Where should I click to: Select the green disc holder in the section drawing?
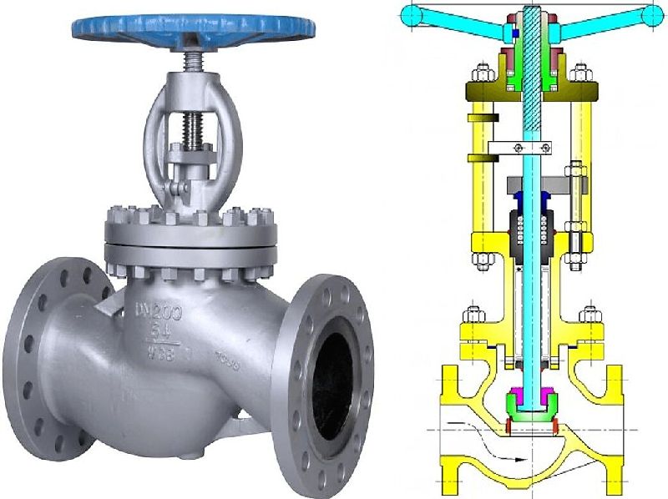(x=531, y=410)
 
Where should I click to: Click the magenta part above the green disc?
(x=531, y=391)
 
